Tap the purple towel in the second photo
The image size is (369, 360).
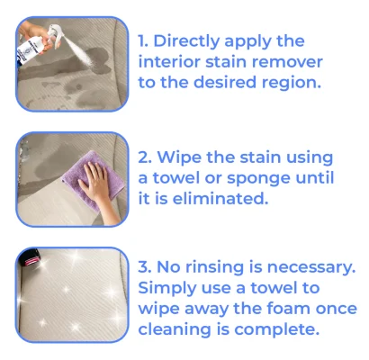tap(93, 180)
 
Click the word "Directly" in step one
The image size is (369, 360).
tap(187, 41)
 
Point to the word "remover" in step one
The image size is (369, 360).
tap(287, 62)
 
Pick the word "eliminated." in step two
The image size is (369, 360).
tap(220, 198)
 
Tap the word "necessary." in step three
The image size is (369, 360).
tap(311, 267)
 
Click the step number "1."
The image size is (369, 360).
tap(143, 40)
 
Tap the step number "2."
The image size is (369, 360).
tap(145, 157)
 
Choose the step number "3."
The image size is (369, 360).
tap(145, 266)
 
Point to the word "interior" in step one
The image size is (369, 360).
tap(169, 62)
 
